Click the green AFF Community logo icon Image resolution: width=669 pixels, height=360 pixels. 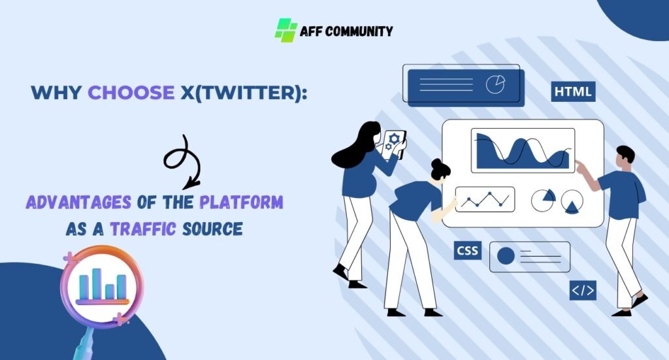286,30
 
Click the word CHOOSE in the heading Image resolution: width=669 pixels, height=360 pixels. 131,93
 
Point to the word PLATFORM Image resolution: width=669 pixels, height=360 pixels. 242,203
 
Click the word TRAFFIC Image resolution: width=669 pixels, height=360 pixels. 137,229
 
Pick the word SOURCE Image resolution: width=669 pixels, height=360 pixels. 210,229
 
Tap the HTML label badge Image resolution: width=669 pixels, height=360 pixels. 573,92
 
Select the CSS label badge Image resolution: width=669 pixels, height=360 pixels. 467,250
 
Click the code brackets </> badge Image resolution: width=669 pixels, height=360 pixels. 583,290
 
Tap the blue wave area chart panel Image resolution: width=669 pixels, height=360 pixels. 523,151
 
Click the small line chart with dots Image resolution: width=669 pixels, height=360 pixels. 485,200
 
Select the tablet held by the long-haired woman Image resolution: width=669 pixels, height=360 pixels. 395,144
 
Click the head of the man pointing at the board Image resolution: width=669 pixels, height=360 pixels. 625,155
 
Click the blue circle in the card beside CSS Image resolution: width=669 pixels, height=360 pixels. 506,256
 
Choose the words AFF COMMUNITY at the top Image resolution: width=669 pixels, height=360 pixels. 346,31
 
